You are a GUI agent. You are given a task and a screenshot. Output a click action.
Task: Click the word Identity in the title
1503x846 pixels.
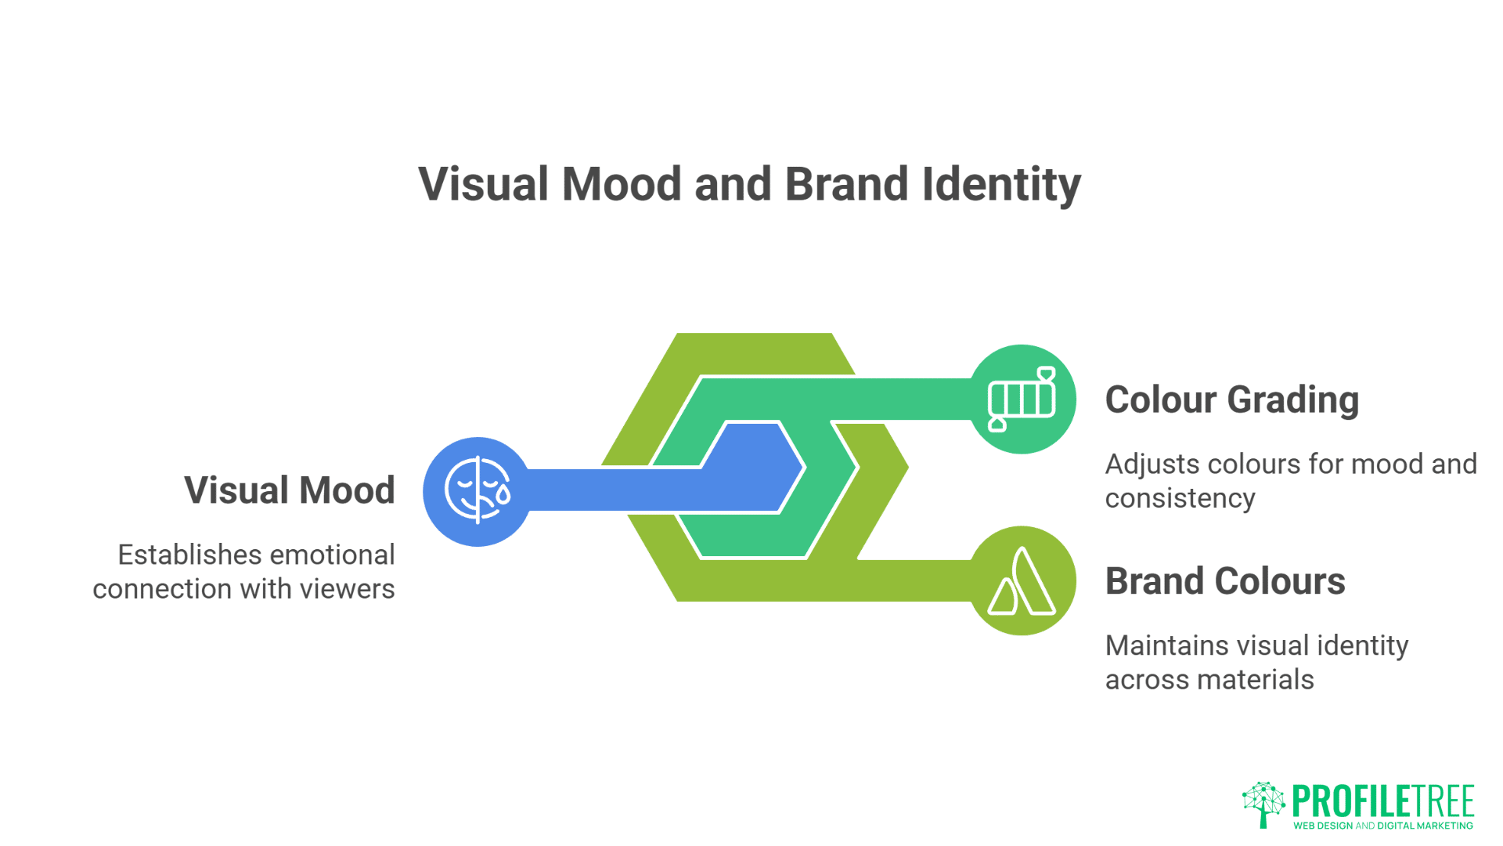coord(1001,185)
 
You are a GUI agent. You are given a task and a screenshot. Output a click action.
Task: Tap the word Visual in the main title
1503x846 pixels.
coord(484,185)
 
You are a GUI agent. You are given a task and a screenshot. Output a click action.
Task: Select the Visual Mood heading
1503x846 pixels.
coord(290,490)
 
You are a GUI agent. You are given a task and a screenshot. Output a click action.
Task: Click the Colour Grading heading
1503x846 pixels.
coord(1232,400)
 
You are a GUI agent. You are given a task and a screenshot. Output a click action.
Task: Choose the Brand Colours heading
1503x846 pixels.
coord(1225,581)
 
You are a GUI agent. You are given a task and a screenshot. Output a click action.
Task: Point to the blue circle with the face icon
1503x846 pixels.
coord(478,491)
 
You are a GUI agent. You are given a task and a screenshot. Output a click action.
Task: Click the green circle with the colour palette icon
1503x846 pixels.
coord(1022,399)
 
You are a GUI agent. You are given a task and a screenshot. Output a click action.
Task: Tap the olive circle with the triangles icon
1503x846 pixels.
coord(1022,580)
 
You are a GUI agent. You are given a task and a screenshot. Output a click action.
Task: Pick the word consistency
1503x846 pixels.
coord(1180,499)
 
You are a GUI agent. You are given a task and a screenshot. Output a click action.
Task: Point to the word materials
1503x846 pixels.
coord(1266,680)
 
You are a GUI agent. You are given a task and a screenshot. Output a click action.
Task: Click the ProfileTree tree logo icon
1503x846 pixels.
coord(1263,804)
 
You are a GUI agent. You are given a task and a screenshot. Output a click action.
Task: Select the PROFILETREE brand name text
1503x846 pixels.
coord(1383,801)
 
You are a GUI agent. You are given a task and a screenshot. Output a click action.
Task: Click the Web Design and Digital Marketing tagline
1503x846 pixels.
coord(1383,826)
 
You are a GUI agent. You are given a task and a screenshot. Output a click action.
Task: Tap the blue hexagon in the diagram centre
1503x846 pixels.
coord(753,468)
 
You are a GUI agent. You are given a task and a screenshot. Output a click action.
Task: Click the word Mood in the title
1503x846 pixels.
coord(622,185)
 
